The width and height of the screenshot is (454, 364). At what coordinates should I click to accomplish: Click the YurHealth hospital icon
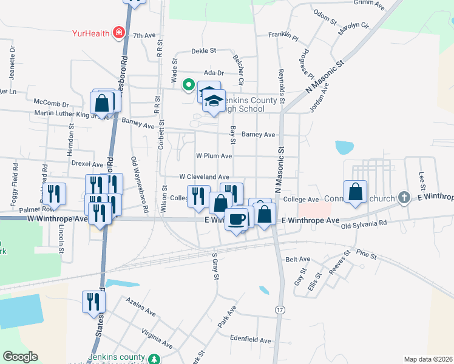[x=119, y=32]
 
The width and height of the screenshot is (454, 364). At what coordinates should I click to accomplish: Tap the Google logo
[x=20, y=357]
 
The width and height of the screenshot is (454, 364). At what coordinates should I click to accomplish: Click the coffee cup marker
[x=237, y=218]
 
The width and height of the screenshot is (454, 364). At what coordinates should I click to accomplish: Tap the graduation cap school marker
[x=213, y=102]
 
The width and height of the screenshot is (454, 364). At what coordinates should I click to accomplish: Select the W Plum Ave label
[x=214, y=156]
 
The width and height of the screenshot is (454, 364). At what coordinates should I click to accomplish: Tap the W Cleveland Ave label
[x=203, y=177]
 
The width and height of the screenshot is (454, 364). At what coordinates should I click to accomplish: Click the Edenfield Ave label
[x=250, y=340]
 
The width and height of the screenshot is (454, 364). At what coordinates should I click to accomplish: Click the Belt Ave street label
[x=297, y=259]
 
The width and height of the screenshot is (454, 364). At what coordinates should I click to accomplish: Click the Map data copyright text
[x=428, y=359]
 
